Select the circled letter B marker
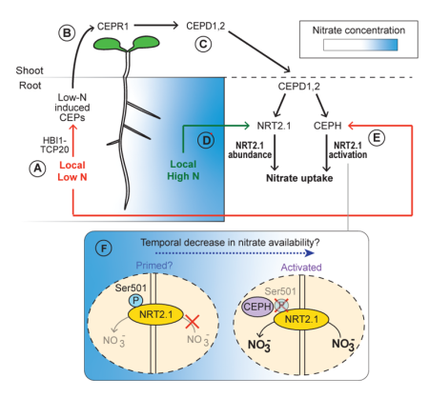[67, 32]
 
